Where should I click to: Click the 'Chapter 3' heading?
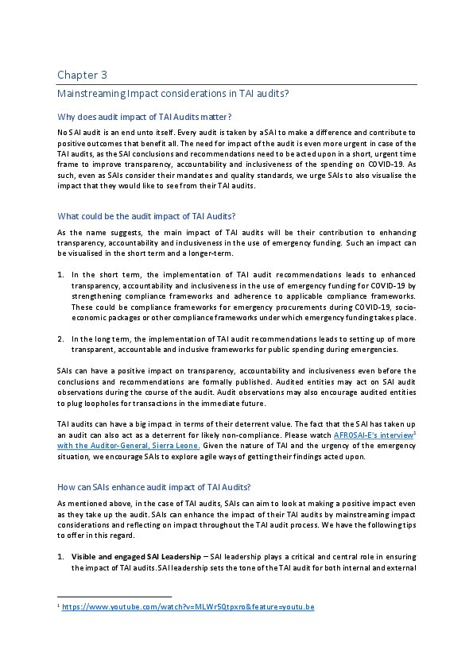(x=82, y=75)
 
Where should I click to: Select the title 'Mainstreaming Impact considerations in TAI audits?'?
(x=173, y=94)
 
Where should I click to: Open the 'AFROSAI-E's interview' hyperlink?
(x=373, y=436)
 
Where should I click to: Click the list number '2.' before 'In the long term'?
(x=61, y=338)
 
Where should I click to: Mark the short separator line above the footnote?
(x=114, y=596)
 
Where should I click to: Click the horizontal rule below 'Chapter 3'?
(x=236, y=84)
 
